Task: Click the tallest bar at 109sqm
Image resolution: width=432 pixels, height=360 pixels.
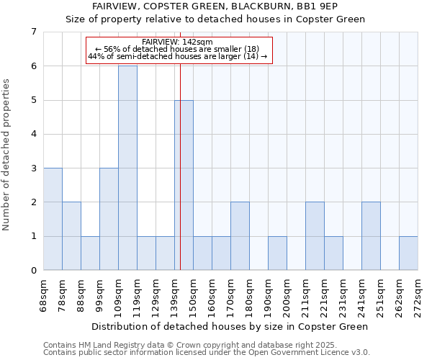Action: pos(127,168)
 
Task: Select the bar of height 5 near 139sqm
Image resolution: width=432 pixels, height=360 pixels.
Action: pos(184,185)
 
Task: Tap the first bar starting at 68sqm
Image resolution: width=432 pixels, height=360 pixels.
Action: pos(53,219)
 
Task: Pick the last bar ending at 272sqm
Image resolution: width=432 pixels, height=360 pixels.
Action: pos(408,253)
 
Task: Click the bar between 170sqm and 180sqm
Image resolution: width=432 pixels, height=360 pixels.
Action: pos(240,235)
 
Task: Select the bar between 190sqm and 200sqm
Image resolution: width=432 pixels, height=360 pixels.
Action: pos(277,253)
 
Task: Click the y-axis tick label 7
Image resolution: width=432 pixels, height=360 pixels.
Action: pos(33,32)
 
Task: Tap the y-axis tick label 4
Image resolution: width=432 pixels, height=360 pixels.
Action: pos(33,134)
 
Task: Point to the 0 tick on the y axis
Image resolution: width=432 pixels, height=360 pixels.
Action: pos(33,270)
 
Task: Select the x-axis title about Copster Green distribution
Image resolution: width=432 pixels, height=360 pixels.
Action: pos(230,326)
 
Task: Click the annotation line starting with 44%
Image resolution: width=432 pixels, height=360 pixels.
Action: pos(178,56)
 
